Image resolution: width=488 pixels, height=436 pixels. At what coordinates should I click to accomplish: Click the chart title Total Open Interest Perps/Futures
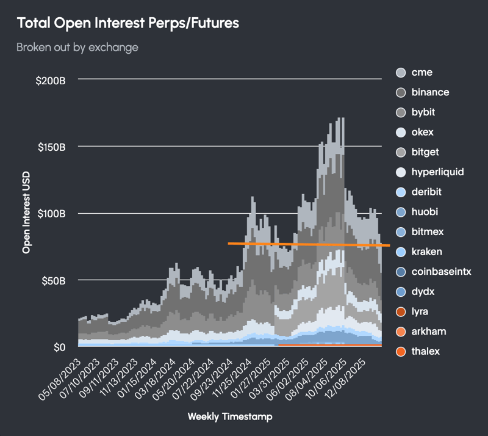127,23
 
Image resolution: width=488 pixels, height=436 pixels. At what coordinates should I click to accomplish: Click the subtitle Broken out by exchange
77,47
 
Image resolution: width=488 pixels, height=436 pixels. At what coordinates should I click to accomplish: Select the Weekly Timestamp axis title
230,416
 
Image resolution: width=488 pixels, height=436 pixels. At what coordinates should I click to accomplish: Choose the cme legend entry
422,73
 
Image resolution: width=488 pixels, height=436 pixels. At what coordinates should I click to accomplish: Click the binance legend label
430,92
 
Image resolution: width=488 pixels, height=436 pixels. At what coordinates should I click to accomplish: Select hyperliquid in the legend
437,172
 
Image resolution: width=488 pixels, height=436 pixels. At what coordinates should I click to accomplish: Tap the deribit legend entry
426,192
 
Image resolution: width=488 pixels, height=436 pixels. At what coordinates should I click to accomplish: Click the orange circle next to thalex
401,352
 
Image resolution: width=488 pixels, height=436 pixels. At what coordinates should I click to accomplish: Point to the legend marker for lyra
401,311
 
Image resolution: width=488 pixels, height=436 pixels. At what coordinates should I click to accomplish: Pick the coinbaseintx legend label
442,272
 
